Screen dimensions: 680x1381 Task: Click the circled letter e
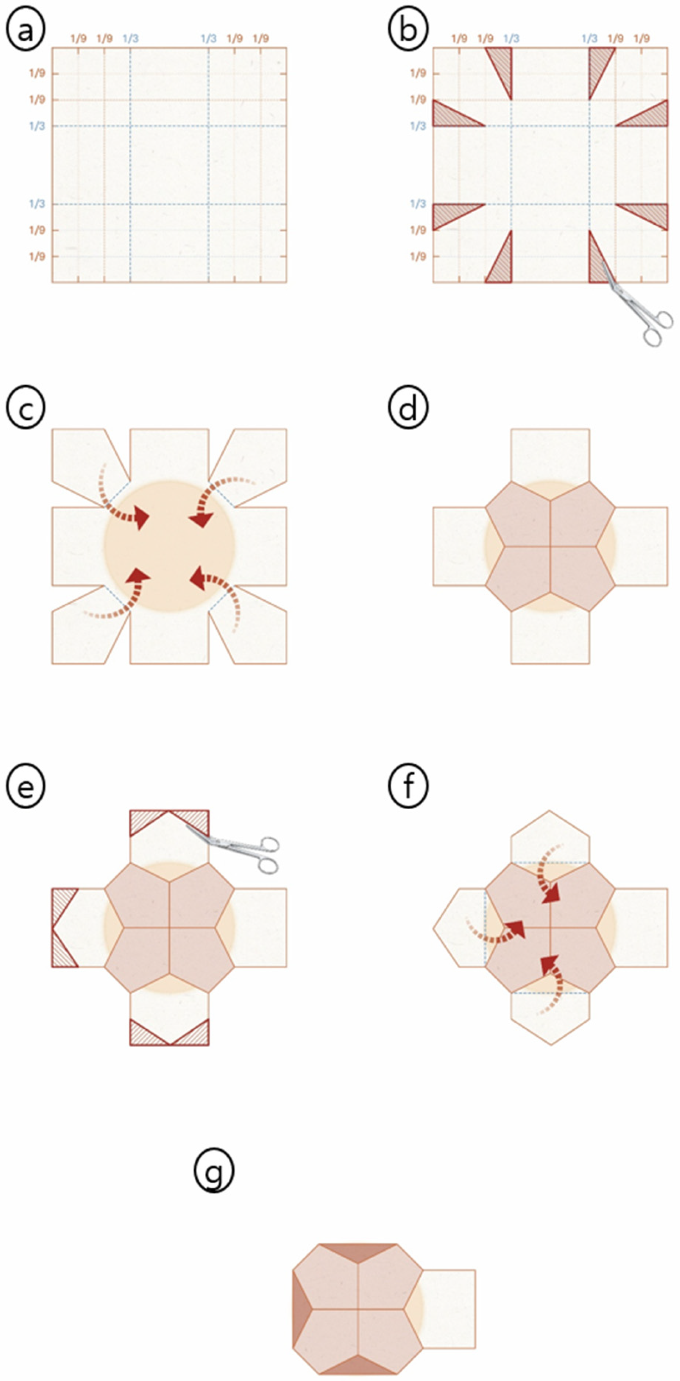(26, 787)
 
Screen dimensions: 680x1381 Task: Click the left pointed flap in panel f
(459, 927)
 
